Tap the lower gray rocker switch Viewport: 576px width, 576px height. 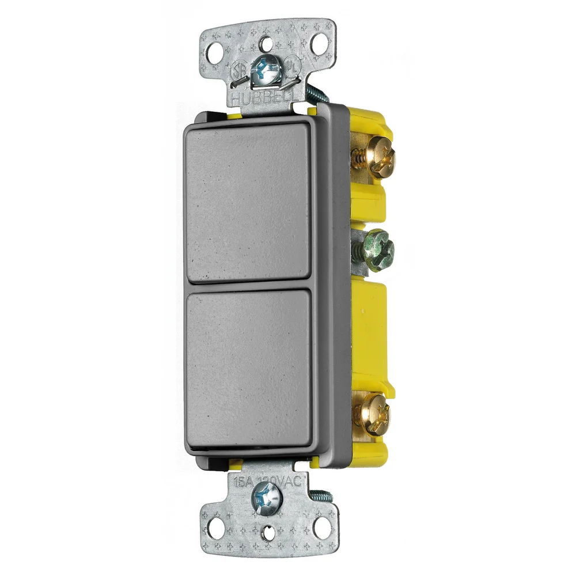point(249,369)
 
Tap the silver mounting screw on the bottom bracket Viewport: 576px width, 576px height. point(268,495)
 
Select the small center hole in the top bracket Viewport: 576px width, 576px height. point(267,43)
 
